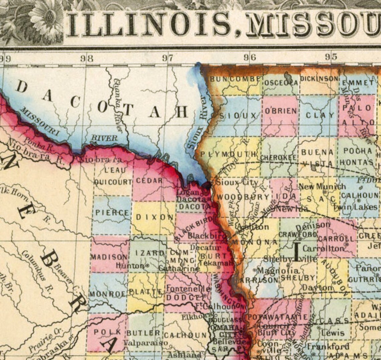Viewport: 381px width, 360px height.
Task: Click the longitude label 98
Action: pyautogui.click(x=87, y=58)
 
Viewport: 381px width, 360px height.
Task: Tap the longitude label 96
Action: pyautogui.click(x=250, y=58)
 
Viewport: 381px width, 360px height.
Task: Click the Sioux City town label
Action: pyautogui.click(x=237, y=183)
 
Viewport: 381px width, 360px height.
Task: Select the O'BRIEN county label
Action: pyautogui.click(x=281, y=111)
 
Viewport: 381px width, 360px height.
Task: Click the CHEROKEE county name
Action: pyautogui.click(x=278, y=157)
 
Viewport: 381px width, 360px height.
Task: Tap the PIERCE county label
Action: pyautogui.click(x=112, y=212)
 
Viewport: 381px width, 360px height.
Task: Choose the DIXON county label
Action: pyautogui.click(x=154, y=217)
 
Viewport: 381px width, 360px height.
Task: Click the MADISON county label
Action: pyautogui.click(x=109, y=257)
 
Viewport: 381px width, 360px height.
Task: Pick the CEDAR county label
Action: pyautogui.click(x=149, y=181)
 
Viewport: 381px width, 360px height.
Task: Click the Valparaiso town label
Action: pyautogui.click(x=145, y=343)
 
